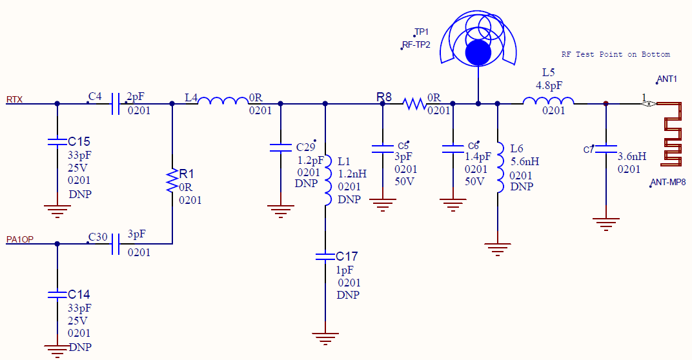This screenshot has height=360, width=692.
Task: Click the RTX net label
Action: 15,100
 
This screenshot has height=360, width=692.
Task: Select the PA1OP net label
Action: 20,240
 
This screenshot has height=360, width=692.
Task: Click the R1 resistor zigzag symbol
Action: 172,181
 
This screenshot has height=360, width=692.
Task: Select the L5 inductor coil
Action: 548,101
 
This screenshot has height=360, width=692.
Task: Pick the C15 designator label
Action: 79,141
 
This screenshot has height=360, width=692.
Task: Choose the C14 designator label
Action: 79,295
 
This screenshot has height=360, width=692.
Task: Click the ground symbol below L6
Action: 498,247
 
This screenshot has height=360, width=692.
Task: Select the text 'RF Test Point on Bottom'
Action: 615,55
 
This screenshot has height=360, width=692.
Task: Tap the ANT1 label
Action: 667,79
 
